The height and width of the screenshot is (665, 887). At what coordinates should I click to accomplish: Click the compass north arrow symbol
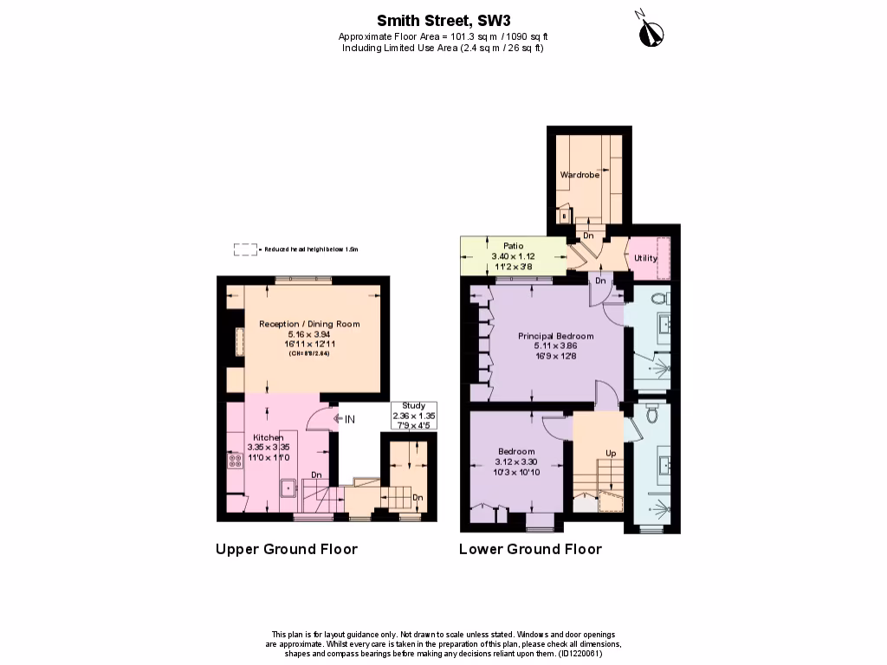point(650,31)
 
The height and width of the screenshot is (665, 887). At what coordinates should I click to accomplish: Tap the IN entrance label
point(350,419)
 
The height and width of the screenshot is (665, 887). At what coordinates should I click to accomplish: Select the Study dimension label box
point(414,416)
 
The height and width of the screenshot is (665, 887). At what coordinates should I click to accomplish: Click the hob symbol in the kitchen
point(233,461)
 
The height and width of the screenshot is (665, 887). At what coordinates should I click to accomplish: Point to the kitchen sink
point(287,487)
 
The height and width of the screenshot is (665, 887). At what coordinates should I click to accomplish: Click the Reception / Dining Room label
point(309,324)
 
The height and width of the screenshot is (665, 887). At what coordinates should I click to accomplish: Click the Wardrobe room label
point(579,175)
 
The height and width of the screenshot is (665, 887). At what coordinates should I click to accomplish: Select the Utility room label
point(645,258)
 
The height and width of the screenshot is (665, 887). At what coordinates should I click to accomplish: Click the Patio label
point(513,247)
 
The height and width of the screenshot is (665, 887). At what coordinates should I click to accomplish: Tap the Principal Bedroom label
point(555,336)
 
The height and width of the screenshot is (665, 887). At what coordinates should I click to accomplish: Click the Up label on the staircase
point(611,454)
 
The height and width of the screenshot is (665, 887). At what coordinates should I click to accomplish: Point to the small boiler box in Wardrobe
point(564,216)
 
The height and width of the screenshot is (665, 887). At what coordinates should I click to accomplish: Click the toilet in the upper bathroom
point(658,298)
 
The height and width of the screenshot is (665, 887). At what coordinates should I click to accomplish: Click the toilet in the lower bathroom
point(653,415)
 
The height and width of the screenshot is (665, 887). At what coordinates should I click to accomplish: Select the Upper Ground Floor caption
point(286,549)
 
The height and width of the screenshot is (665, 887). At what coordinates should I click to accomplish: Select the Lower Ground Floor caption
point(529,549)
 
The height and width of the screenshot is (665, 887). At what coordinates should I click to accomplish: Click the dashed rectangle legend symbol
point(246,249)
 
